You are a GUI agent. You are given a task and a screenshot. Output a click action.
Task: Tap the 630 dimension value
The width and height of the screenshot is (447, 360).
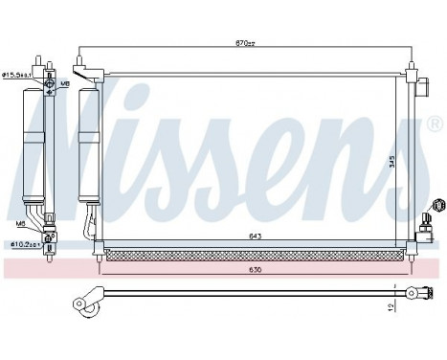(x=256, y=269)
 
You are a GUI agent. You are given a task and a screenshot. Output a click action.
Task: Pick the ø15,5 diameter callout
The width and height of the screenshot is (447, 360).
(x=17, y=73)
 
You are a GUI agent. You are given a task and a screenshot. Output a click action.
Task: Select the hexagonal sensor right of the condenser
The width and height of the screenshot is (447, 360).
(x=439, y=205)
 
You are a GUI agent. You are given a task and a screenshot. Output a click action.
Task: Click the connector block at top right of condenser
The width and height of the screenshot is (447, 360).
(x=420, y=89)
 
